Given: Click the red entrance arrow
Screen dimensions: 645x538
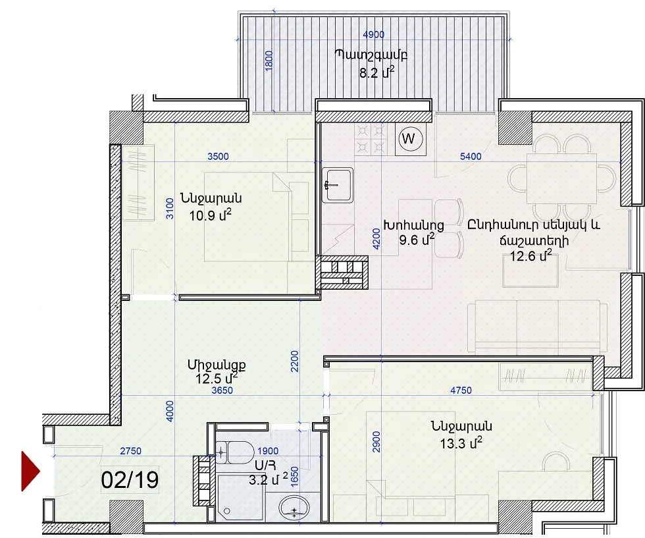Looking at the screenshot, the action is [x=30, y=471].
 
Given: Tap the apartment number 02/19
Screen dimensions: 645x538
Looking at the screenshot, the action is [x=130, y=480].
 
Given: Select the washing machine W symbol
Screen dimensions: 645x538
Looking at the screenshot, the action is [x=411, y=139].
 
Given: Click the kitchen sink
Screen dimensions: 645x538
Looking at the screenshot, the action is [x=337, y=185].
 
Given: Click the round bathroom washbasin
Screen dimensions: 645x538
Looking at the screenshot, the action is [x=294, y=508].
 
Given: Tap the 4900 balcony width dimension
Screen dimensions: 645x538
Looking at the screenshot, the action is [x=374, y=35].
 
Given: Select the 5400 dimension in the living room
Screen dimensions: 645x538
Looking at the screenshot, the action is [x=471, y=157].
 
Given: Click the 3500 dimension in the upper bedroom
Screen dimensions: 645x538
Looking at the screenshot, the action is [x=218, y=157].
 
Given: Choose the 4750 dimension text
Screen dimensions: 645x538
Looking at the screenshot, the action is [x=461, y=390].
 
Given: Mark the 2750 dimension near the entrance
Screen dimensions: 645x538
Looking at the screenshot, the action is [x=131, y=451].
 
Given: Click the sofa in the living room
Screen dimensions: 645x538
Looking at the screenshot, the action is [x=537, y=327].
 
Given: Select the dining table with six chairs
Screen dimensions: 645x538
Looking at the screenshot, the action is [x=562, y=178].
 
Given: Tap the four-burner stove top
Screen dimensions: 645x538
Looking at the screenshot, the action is [x=371, y=139].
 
